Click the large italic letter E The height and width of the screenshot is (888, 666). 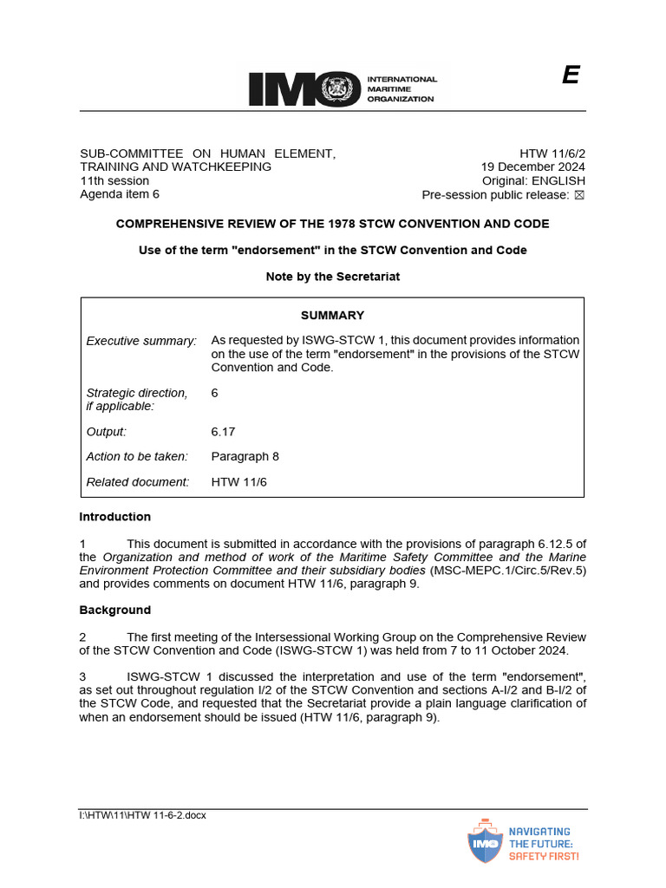pyautogui.click(x=570, y=76)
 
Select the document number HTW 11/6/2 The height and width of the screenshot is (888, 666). pyautogui.click(x=552, y=153)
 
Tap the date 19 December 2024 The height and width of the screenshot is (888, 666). pyautogui.click(x=533, y=167)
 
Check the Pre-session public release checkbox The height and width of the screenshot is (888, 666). pyautogui.click(x=579, y=195)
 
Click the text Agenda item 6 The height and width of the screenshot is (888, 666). pyautogui.click(x=120, y=194)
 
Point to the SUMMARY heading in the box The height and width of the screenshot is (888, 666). pyautogui.click(x=332, y=316)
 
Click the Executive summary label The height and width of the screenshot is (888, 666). pyautogui.click(x=141, y=341)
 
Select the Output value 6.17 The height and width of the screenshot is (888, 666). pyautogui.click(x=223, y=431)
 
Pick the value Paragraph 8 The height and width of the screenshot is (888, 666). pyautogui.click(x=245, y=456)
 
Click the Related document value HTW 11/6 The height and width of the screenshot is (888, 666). pyautogui.click(x=239, y=481)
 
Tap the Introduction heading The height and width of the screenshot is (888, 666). pyautogui.click(x=115, y=517)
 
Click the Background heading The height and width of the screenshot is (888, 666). pyautogui.click(x=115, y=610)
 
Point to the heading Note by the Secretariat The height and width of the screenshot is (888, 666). pyautogui.click(x=332, y=277)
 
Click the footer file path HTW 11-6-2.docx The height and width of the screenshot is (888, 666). pyautogui.click(x=143, y=815)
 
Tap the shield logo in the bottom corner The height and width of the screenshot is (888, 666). pyautogui.click(x=485, y=840)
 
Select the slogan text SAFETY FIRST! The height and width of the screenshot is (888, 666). pyautogui.click(x=543, y=855)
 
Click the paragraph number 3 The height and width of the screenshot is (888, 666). pyautogui.click(x=82, y=677)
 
